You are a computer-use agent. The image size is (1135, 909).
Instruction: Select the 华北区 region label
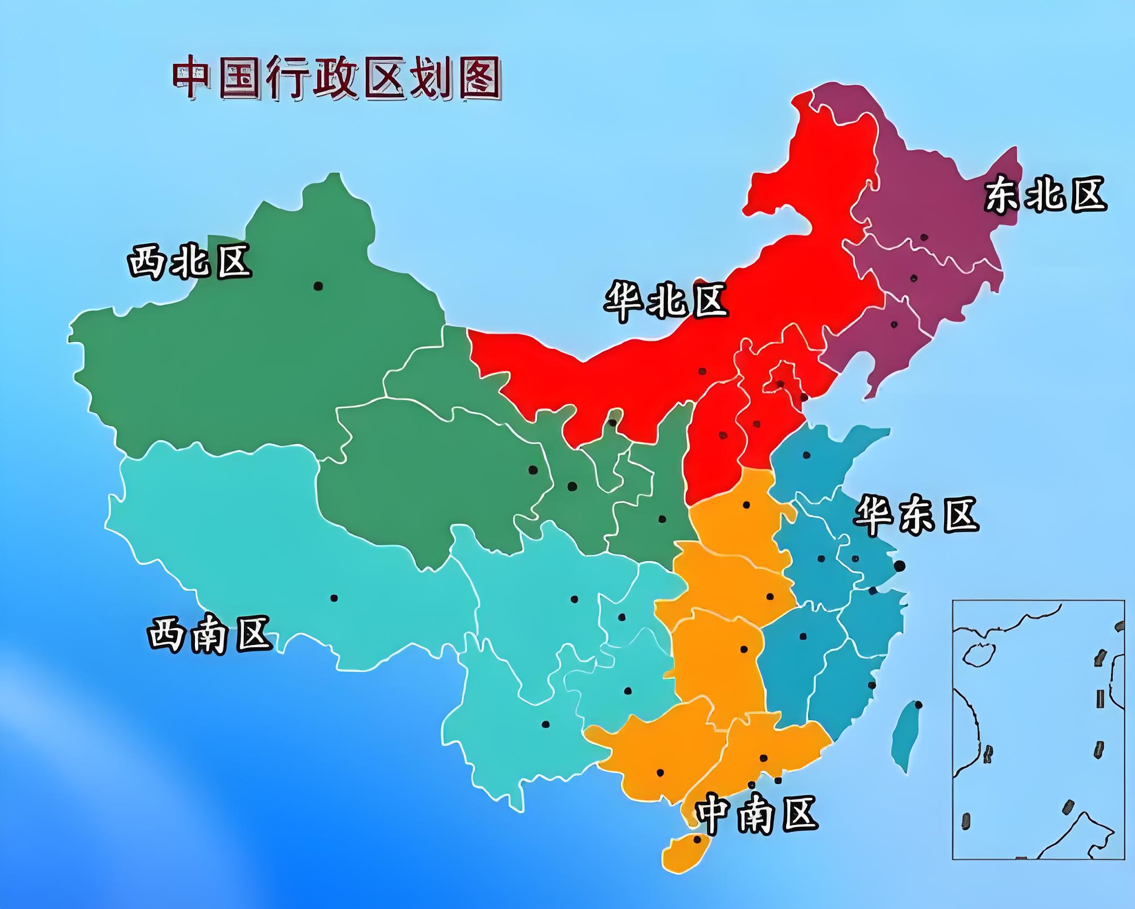point(665,301)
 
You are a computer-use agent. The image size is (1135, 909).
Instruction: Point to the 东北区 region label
point(1045,194)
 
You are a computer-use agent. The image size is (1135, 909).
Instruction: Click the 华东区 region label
point(916,516)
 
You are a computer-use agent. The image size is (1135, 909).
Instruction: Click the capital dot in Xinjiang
point(318,286)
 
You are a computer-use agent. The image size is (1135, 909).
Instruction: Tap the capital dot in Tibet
point(334,598)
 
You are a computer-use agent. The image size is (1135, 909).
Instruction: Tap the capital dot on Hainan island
point(697,840)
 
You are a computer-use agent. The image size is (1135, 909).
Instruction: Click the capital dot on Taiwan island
point(918,705)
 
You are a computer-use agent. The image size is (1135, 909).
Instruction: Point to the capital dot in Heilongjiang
point(924,237)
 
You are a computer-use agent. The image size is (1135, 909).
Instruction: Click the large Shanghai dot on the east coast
point(900,566)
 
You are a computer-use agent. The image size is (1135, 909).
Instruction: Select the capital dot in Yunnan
point(545,724)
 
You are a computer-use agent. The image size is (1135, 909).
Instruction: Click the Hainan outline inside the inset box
point(979,655)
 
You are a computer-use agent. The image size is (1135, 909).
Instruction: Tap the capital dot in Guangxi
point(660,773)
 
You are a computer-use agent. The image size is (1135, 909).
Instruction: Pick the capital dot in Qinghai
point(533,470)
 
